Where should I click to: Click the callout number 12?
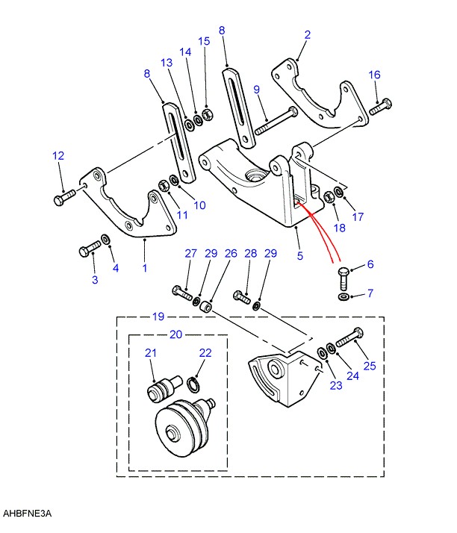pyautogui.click(x=58, y=156)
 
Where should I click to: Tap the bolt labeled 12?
pyautogui.click(x=65, y=197)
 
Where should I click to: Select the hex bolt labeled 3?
pyautogui.click(x=90, y=248)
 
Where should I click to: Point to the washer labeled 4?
pyautogui.click(x=106, y=239)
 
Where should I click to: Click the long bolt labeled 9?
pyautogui.click(x=276, y=121)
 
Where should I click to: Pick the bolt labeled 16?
pyautogui.click(x=380, y=107)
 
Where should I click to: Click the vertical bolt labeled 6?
pyautogui.click(x=343, y=278)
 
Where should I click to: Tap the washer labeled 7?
pyautogui.click(x=343, y=297)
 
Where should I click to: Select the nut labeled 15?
pyautogui.click(x=208, y=114)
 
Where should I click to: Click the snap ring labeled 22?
pyautogui.click(x=193, y=382)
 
